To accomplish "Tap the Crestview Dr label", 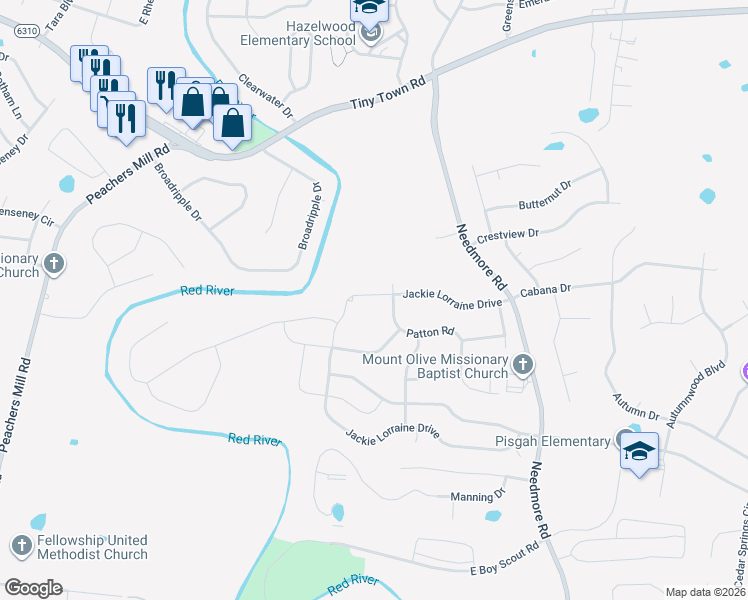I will [507, 235].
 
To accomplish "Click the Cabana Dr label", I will [545, 289].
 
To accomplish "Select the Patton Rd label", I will [430, 332].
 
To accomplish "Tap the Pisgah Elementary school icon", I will [639, 450].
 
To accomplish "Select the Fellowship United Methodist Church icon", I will [22, 546].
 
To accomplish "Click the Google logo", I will [33, 588].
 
